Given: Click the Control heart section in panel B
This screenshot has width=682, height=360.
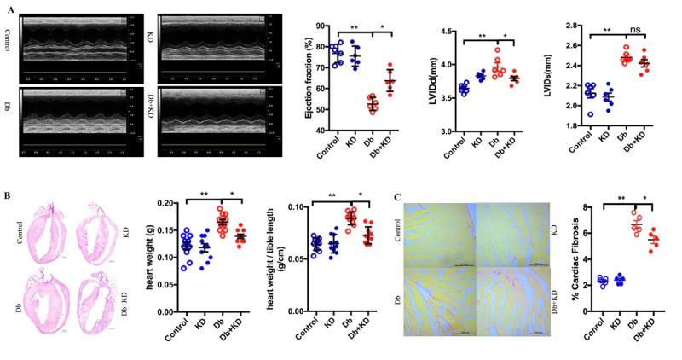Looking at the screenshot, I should point(46,232).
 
